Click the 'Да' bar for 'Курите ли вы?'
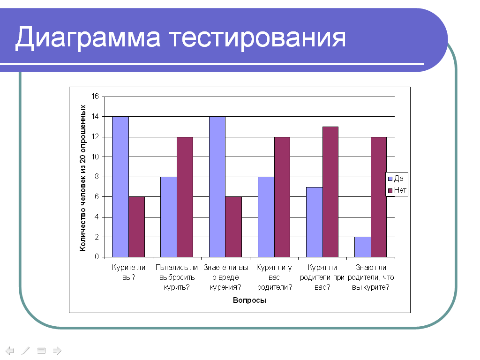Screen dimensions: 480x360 pos(120,187)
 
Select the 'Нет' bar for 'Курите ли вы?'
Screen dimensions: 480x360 pos(136,227)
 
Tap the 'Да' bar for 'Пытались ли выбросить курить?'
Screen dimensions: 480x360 pos(169,217)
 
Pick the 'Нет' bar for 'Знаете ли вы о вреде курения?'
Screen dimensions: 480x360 pos(233,227)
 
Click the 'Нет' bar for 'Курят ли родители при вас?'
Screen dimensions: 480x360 pos(330,192)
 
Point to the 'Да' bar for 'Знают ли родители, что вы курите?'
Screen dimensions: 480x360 pos(363,247)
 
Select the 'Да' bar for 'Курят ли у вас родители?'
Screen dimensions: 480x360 pos(266,217)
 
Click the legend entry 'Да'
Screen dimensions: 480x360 pos(396,179)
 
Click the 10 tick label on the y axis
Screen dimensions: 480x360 pos(95,157)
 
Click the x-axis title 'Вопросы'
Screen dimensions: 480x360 pos(249,300)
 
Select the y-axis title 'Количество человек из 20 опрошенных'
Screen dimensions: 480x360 pos(82,178)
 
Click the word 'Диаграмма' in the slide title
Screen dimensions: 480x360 pos(88,37)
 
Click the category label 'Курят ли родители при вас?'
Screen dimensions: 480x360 pos(322,277)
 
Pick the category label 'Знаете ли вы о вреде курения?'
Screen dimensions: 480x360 pos(225,277)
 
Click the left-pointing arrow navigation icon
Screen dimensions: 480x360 pos(10,350)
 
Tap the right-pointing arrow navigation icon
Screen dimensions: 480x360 pos(57,350)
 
